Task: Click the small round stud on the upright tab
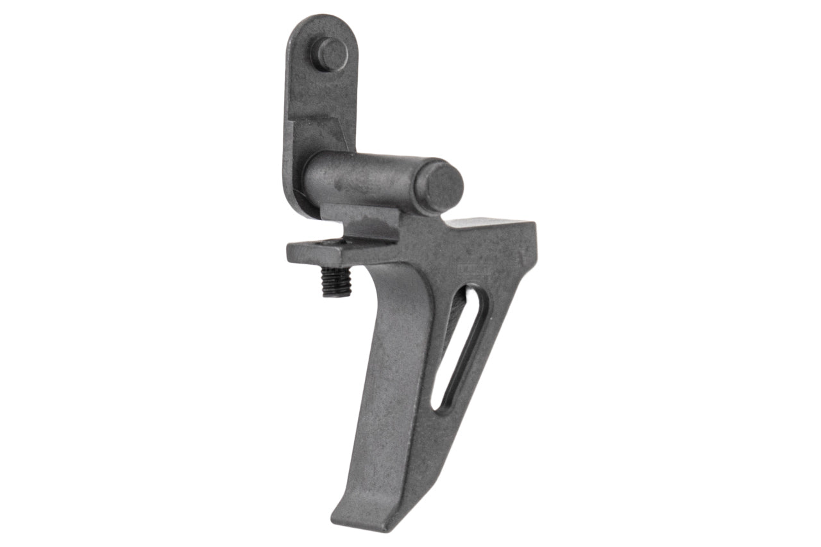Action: (332, 51)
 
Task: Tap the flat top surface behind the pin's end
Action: (487, 224)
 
